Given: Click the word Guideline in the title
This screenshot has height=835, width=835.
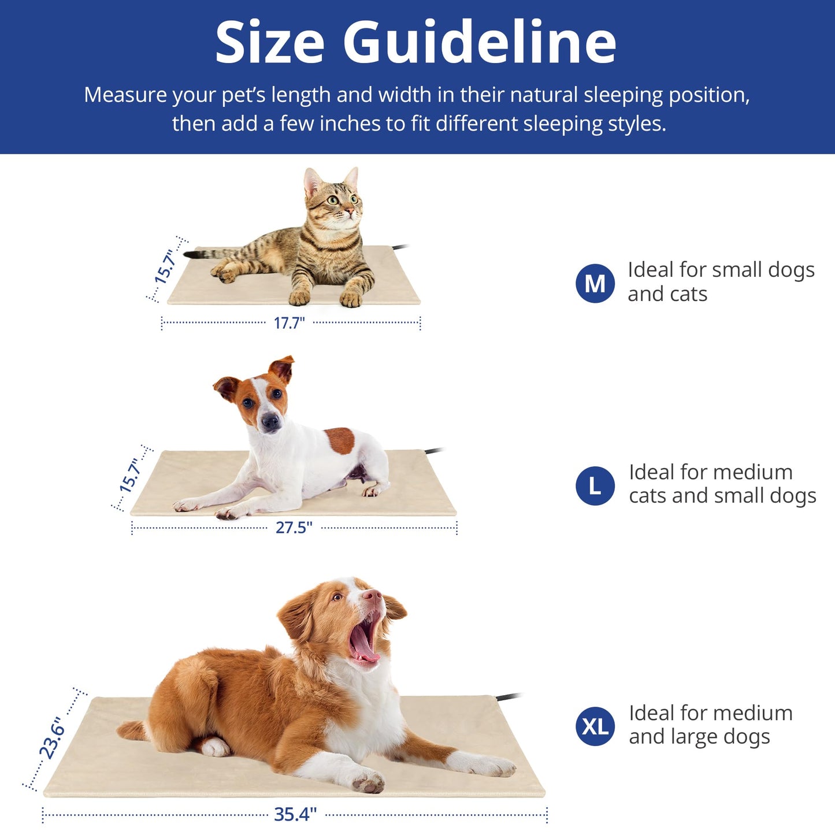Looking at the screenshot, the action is pyautogui.click(x=480, y=43).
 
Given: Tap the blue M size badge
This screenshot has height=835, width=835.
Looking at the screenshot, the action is pyautogui.click(x=595, y=283).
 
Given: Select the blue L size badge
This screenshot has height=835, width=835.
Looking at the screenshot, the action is pyautogui.click(x=595, y=486).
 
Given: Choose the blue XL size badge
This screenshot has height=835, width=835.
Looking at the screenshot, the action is pyautogui.click(x=595, y=726).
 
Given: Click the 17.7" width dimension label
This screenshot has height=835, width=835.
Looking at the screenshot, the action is pyautogui.click(x=289, y=323).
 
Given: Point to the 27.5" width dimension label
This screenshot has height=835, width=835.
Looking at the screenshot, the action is pyautogui.click(x=294, y=528).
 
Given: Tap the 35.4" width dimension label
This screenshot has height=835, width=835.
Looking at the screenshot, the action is pyautogui.click(x=295, y=814).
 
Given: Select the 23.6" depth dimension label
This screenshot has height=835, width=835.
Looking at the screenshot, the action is pyautogui.click(x=51, y=738).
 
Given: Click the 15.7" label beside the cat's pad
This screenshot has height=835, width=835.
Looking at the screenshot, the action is pyautogui.click(x=165, y=266).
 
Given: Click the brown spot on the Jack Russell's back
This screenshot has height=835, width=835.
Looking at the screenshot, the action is pyautogui.click(x=340, y=440).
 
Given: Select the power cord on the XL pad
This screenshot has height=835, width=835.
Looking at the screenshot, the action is pyautogui.click(x=509, y=696).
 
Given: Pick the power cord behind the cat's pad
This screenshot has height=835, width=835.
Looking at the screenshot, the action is pyautogui.click(x=400, y=247).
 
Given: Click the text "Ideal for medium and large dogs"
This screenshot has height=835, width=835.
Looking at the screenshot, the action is pyautogui.click(x=710, y=725).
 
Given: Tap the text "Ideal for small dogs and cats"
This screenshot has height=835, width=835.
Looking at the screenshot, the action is pyautogui.click(x=721, y=281).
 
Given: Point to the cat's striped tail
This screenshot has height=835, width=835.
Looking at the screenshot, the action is pyautogui.click(x=211, y=253).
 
